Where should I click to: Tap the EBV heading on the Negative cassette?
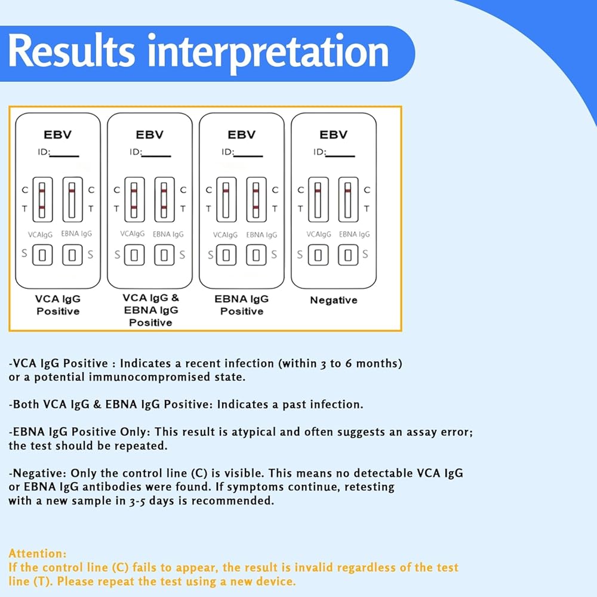coord(333,135)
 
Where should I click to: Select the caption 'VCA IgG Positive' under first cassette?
coord(58,305)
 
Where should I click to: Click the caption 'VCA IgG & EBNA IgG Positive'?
coord(150,310)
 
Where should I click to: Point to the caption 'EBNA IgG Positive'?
coord(242,305)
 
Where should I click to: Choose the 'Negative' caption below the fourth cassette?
coord(333,300)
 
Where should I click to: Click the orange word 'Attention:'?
coord(37,553)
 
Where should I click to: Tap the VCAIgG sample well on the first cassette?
coord(42,255)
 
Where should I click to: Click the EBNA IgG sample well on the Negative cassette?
coord(348,255)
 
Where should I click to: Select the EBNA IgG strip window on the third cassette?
coord(256,199)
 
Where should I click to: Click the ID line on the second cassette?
coord(158,155)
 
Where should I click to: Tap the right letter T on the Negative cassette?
coord(366,209)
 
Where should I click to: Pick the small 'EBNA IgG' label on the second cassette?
coord(168,235)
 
